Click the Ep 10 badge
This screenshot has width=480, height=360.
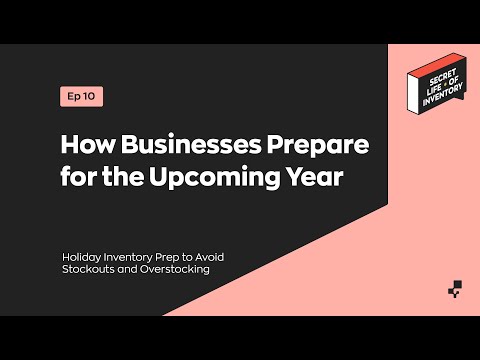pyautogui.click(x=81, y=97)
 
